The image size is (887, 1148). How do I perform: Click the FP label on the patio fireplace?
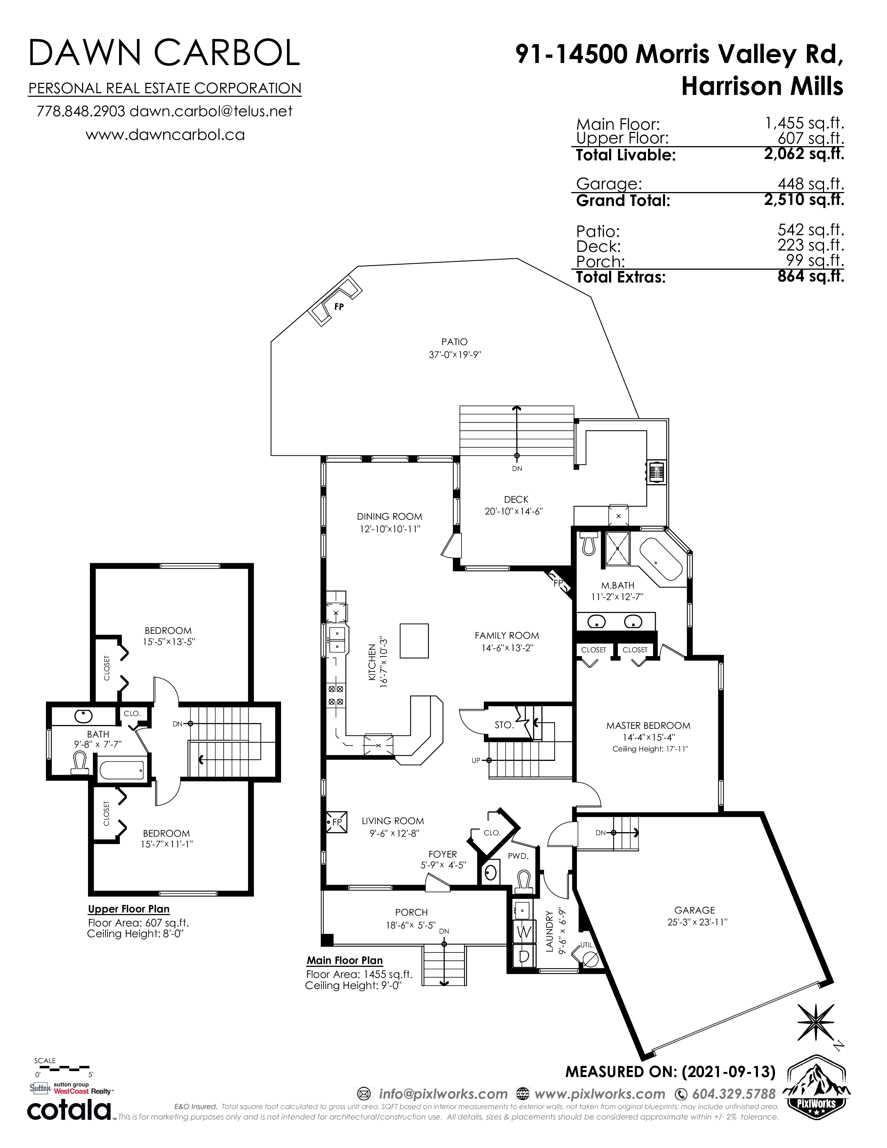(339, 306)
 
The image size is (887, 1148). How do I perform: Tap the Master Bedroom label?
(648, 725)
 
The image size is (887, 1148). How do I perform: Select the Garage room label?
(695, 910)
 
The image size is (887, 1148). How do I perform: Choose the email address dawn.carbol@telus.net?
(211, 111)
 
